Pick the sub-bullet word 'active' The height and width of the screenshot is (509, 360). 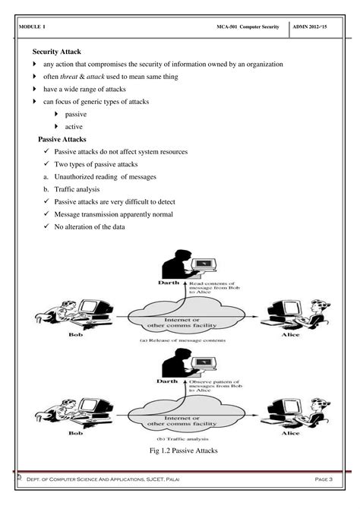(x=74, y=126)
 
